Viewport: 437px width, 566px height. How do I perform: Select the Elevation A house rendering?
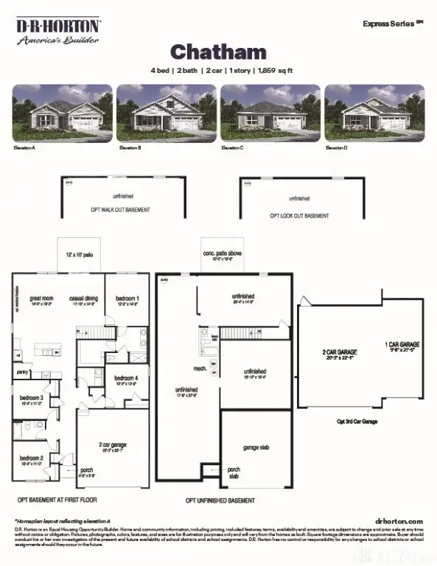pyautogui.click(x=63, y=112)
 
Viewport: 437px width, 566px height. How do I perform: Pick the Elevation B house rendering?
pyautogui.click(x=167, y=112)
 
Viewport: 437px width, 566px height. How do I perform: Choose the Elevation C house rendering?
pyautogui.click(x=270, y=112)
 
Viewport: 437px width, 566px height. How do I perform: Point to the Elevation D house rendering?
pyautogui.click(x=374, y=112)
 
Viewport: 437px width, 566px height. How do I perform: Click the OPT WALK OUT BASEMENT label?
pyautogui.click(x=122, y=210)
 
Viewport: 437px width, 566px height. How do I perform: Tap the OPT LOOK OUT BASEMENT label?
pyautogui.click(x=298, y=216)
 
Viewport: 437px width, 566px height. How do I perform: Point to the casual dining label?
pyautogui.click(x=84, y=298)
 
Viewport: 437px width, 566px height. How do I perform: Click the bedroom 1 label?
pyautogui.click(x=127, y=298)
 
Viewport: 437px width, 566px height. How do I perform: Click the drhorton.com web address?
pyautogui.click(x=399, y=520)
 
